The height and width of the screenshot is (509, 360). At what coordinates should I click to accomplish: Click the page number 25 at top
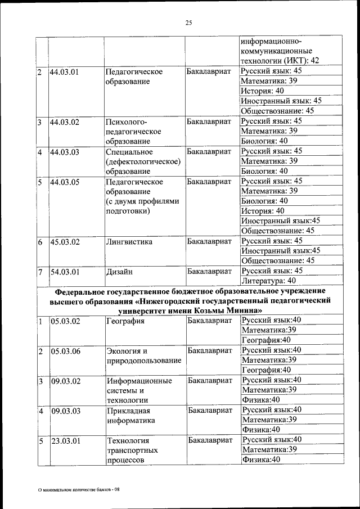point(188,22)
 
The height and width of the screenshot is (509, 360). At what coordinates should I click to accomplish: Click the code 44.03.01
point(64,72)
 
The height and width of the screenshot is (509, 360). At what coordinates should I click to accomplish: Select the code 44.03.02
point(64,121)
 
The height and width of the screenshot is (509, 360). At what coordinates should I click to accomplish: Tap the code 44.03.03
point(64,152)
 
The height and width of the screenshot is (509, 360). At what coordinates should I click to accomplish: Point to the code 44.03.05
point(64,182)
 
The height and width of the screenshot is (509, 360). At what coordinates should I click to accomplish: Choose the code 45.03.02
point(64,243)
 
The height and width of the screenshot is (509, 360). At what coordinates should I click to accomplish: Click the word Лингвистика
point(129,242)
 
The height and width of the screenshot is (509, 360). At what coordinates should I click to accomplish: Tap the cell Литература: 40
point(268,280)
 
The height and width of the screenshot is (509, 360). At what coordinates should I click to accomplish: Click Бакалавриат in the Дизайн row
point(209,272)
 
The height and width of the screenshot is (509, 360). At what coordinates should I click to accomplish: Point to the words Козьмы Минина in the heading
point(235,310)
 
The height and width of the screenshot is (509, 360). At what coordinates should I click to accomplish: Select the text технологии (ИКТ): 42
point(280,60)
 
